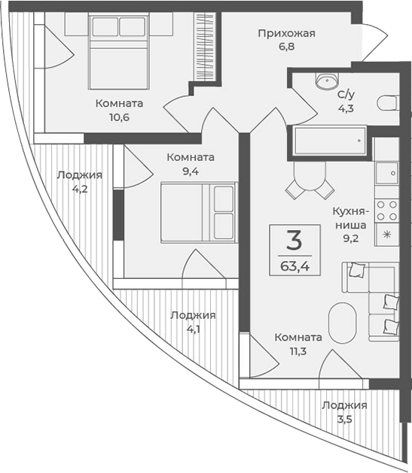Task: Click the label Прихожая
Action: (285, 33)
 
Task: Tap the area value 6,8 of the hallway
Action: (285, 47)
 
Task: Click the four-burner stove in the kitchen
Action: (387, 208)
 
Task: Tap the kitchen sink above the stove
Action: (387, 173)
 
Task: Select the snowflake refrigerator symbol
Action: (387, 235)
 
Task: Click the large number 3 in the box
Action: (294, 241)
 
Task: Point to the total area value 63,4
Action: (294, 265)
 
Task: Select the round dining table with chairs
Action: (307, 182)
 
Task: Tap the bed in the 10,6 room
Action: (116, 53)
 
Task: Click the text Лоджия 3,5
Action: (344, 412)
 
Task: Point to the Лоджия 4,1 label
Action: (193, 322)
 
